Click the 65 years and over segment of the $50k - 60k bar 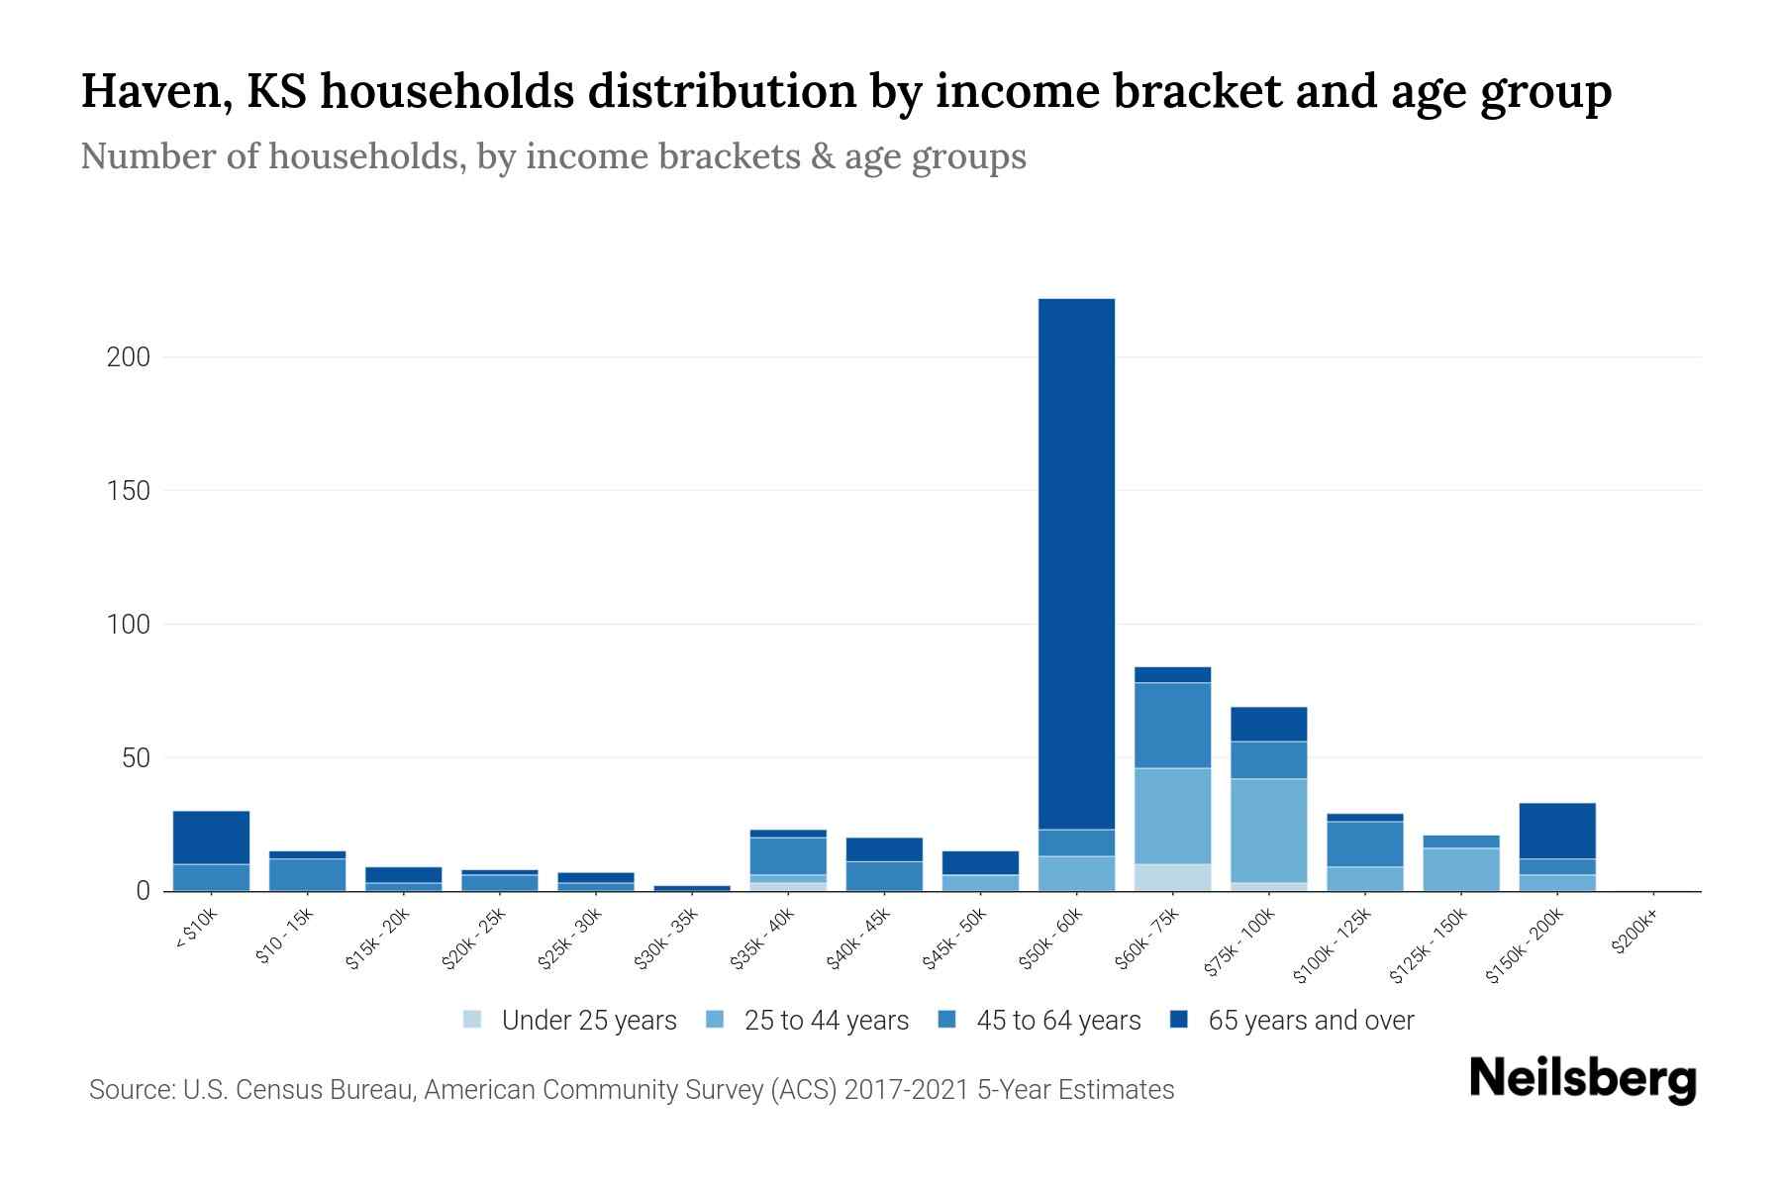pyautogui.click(x=1076, y=564)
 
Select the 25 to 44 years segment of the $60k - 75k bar pyautogui.click(x=1172, y=816)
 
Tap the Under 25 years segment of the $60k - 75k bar pyautogui.click(x=1172, y=877)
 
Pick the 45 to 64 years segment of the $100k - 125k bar pyautogui.click(x=1365, y=843)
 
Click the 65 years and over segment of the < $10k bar pyautogui.click(x=211, y=838)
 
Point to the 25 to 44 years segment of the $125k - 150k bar pyautogui.click(x=1461, y=869)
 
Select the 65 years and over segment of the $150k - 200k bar pyautogui.click(x=1557, y=831)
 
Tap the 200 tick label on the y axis pyautogui.click(x=128, y=357)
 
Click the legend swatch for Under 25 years pyautogui.click(x=473, y=1019)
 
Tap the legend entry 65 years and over pyautogui.click(x=1310, y=1021)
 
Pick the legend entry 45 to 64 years pyautogui.click(x=1057, y=1021)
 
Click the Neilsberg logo pyautogui.click(x=1582, y=1078)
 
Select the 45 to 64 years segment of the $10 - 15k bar pyautogui.click(x=307, y=874)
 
